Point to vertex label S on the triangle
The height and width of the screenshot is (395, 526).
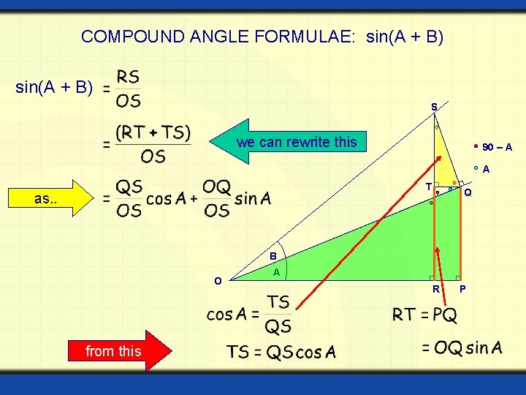point(434,107)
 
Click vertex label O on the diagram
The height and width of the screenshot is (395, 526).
point(218,281)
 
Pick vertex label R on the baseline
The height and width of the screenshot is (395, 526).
point(435,289)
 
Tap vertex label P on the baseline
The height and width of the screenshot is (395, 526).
point(462,289)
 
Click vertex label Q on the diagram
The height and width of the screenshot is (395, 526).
point(468,193)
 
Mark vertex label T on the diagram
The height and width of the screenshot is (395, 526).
point(428,187)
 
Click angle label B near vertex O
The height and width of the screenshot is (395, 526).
point(272,257)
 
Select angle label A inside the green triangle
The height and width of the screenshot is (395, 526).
point(276,271)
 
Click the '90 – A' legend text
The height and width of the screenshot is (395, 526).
point(497,148)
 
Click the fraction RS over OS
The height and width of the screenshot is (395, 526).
point(129,89)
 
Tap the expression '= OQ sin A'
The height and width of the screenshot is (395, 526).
point(462,347)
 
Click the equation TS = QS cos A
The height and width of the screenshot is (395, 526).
point(281,352)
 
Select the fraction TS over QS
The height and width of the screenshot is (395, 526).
point(278,315)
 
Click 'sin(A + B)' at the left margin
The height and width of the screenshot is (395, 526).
point(54,89)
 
